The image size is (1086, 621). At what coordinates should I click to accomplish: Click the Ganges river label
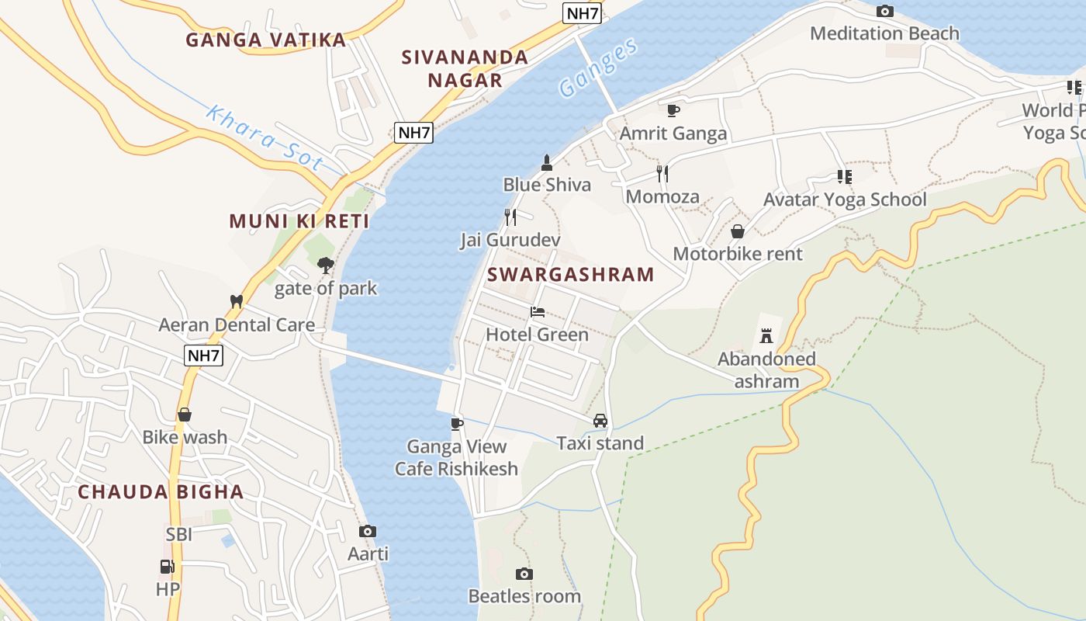pyautogui.click(x=598, y=68)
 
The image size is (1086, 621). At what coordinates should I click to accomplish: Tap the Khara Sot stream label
pyautogui.click(x=264, y=137)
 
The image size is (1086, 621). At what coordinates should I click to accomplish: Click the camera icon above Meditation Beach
pyautogui.click(x=884, y=12)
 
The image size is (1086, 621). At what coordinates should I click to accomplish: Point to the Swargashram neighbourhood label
pyautogui.click(x=571, y=274)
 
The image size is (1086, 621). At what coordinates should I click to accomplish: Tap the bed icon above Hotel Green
pyautogui.click(x=537, y=312)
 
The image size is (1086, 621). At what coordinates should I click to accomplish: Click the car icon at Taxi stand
pyautogui.click(x=600, y=421)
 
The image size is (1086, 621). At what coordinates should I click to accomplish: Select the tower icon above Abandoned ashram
pyautogui.click(x=766, y=335)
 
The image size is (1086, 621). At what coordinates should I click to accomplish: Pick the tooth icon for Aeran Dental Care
pyautogui.click(x=237, y=301)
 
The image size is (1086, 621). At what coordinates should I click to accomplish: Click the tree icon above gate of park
pyautogui.click(x=325, y=265)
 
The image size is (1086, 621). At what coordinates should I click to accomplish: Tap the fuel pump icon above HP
pyautogui.click(x=167, y=567)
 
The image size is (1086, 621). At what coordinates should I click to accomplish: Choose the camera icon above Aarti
pyautogui.click(x=368, y=532)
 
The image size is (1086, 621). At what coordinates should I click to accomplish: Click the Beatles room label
pyautogui.click(x=524, y=596)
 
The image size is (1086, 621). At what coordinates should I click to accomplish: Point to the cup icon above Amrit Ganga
pyautogui.click(x=673, y=110)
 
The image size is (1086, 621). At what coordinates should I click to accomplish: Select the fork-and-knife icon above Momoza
pyautogui.click(x=662, y=173)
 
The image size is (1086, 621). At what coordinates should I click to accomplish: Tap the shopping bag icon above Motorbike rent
pyautogui.click(x=737, y=231)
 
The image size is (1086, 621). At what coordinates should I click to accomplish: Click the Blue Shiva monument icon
pyautogui.click(x=547, y=162)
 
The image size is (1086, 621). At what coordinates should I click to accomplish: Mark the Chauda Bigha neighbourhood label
pyautogui.click(x=161, y=491)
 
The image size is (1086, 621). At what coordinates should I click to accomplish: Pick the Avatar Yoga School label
pyautogui.click(x=845, y=199)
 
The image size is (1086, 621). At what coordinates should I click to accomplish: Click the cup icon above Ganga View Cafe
pyautogui.click(x=457, y=423)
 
